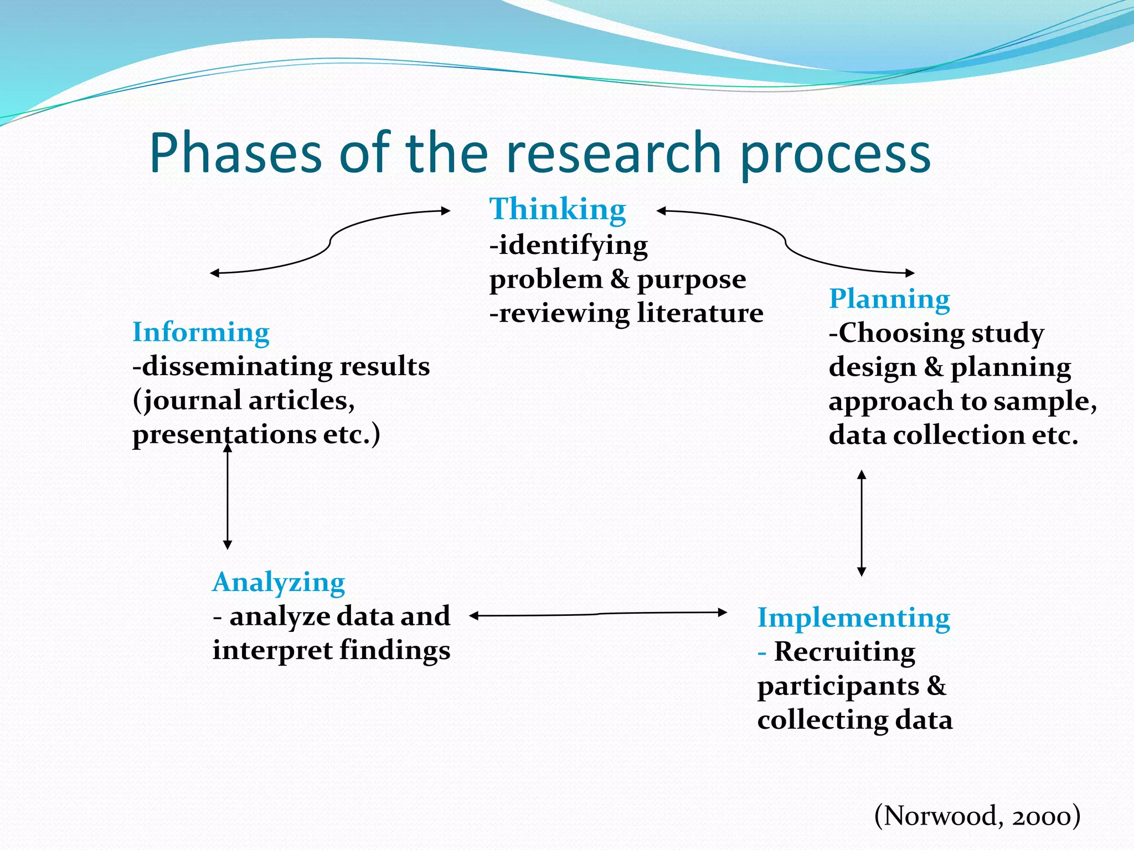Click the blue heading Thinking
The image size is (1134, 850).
tap(558, 210)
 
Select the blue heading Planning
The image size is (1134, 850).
tap(889, 299)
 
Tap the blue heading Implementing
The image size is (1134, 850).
tap(853, 618)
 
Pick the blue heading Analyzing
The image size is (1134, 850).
tap(279, 583)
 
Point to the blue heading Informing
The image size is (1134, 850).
tap(201, 333)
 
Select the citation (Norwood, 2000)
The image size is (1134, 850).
tap(977, 816)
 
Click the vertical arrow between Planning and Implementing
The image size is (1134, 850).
tap(862, 523)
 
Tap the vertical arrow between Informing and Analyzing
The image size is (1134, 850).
tap(228, 498)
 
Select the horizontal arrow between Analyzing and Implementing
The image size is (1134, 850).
tap(598, 614)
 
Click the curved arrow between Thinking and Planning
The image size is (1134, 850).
tap(785, 242)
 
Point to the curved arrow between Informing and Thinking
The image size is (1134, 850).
tap(331, 242)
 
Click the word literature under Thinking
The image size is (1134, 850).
tap(700, 313)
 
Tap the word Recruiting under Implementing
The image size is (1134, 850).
tap(844, 652)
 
